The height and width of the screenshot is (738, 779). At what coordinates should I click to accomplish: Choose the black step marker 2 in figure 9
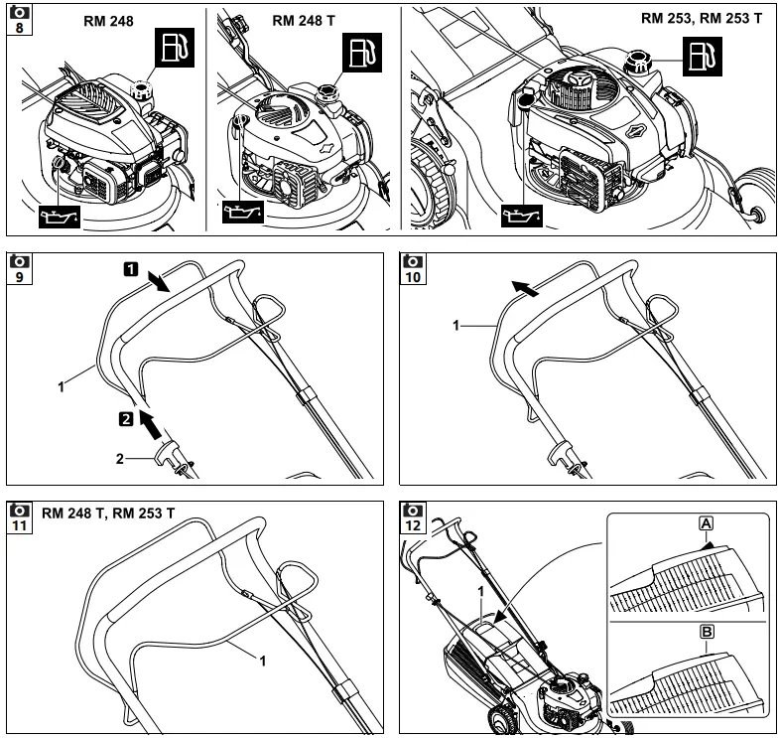pos(126,419)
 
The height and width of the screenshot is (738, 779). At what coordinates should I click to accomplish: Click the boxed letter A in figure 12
pos(706,523)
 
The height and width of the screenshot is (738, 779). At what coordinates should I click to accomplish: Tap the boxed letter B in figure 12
pos(706,632)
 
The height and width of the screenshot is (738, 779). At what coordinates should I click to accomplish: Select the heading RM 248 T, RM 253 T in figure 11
pos(109,514)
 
